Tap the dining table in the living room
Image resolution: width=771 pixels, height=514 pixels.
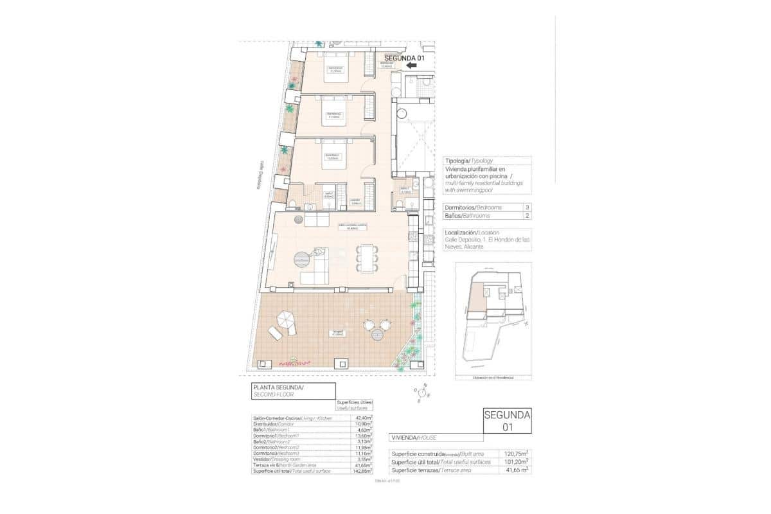tap(367, 258)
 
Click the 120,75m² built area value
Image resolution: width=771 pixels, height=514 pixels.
tap(516, 452)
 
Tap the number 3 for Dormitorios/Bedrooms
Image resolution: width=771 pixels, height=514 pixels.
tap(527, 208)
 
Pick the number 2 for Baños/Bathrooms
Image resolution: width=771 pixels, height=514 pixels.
tap(527, 216)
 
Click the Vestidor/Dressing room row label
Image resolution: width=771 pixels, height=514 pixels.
tap(277, 459)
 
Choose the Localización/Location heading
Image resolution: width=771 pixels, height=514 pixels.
tap(472, 232)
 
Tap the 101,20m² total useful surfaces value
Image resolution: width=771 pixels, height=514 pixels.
tap(516, 461)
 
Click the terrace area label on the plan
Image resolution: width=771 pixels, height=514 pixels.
tap(337, 333)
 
